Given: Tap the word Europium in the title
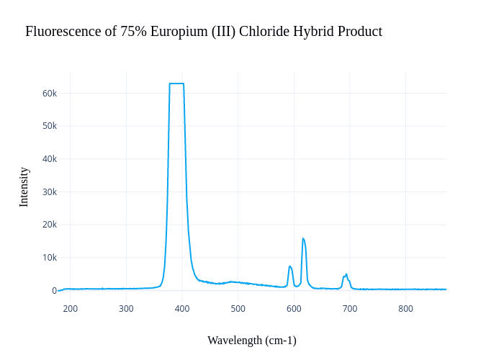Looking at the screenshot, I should [x=176, y=32].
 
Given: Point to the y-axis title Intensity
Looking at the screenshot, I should [x=24, y=187].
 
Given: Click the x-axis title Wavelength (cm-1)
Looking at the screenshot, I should [x=252, y=341].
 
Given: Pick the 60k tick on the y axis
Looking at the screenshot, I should [x=50, y=94].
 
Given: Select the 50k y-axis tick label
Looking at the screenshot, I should [x=50, y=126].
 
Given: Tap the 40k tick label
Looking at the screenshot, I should [x=50, y=159].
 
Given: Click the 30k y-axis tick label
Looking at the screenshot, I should [x=50, y=192].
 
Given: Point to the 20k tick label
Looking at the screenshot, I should [x=50, y=225].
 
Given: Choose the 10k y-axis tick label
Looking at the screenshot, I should [x=50, y=258].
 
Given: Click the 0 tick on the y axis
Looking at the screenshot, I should [x=54, y=291].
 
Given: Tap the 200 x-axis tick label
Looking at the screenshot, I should [x=71, y=309].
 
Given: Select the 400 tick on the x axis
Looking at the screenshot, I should [x=182, y=309].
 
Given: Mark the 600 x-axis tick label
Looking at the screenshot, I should [x=294, y=309].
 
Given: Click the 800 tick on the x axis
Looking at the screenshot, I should [x=406, y=309].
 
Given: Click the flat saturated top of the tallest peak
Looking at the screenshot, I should [x=176, y=84].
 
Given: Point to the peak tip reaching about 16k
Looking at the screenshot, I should [x=303, y=238].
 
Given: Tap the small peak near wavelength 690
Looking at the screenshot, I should [x=346, y=274].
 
